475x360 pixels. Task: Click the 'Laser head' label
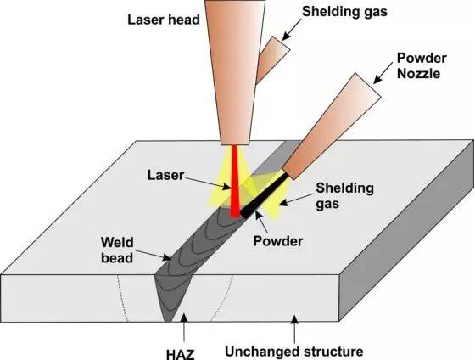164,20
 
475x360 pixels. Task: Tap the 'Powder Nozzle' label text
422,66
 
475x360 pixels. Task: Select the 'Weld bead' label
117,250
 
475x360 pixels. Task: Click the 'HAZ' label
181,354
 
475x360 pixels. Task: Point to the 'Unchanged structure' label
294,352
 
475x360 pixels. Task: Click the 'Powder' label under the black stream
278,241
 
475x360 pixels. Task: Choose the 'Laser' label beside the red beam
165,175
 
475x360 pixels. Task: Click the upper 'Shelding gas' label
344,12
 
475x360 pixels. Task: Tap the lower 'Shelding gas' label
344,195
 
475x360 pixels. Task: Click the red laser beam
235,182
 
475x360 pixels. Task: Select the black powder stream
264,194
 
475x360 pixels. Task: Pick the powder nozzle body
332,126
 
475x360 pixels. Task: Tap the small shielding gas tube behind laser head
271,59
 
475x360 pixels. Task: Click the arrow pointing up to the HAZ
184,330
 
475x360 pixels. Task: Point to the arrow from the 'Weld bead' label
154,256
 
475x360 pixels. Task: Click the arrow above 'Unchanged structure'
294,329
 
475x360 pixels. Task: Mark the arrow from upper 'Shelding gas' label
292,29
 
